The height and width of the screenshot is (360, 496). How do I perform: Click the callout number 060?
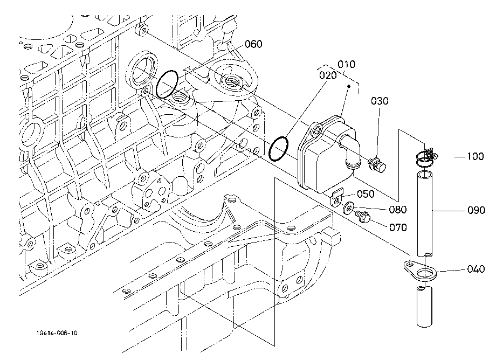(254, 44)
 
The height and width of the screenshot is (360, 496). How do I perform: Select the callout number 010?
(346, 64)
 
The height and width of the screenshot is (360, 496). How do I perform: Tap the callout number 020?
(328, 75)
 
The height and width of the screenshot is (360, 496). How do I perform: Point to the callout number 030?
(380, 101)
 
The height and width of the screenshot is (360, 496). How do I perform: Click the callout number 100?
(476, 156)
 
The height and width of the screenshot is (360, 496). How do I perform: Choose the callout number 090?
(476, 210)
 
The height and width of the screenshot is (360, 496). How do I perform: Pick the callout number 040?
(476, 269)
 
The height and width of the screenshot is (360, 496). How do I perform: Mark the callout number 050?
(366, 194)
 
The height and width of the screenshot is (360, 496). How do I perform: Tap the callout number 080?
(398, 209)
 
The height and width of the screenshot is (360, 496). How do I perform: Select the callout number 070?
(398, 227)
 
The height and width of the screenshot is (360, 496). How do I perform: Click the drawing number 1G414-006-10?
(57, 333)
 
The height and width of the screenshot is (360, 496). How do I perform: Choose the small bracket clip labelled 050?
(337, 197)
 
